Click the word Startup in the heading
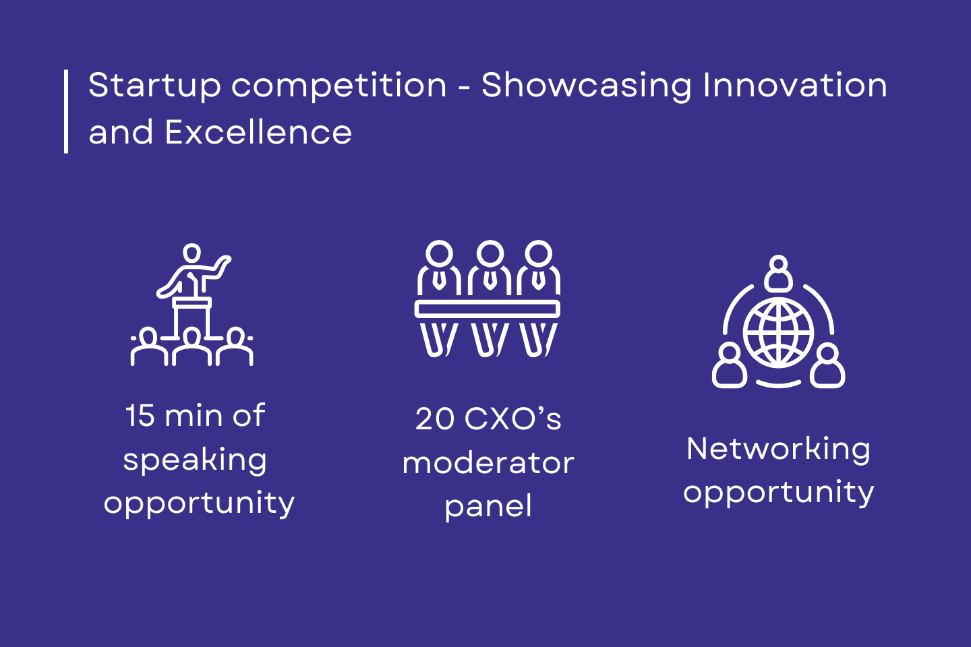click(155, 86)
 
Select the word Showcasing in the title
click(587, 86)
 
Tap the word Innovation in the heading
click(795, 85)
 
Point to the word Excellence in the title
click(258, 131)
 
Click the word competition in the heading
click(339, 86)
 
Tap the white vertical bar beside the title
click(66, 111)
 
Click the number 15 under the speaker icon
click(140, 416)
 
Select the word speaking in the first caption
click(195, 461)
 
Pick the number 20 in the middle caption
click(435, 419)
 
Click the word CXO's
click(512, 419)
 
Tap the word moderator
click(488, 463)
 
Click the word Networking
click(779, 450)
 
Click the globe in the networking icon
click(779, 333)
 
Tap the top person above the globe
click(779, 274)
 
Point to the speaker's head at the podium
click(192, 253)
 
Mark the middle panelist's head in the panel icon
click(490, 253)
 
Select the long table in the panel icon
click(488, 309)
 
